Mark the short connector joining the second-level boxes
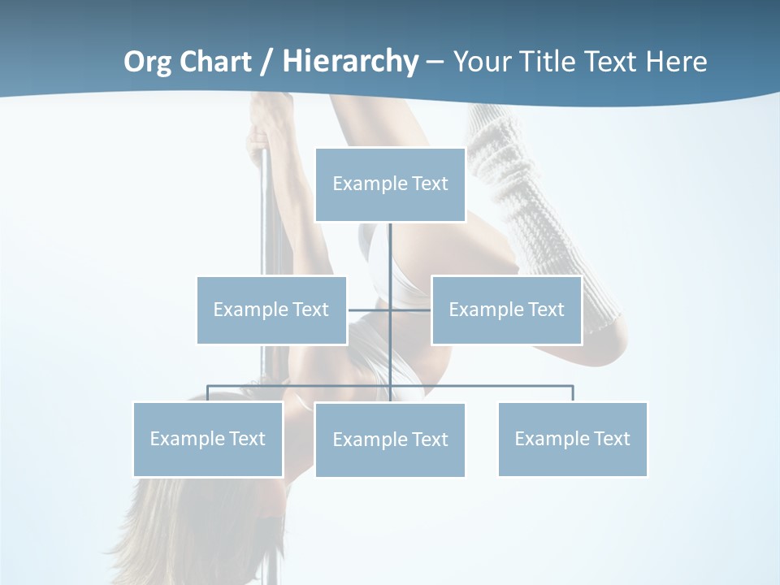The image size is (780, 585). point(370,310)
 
